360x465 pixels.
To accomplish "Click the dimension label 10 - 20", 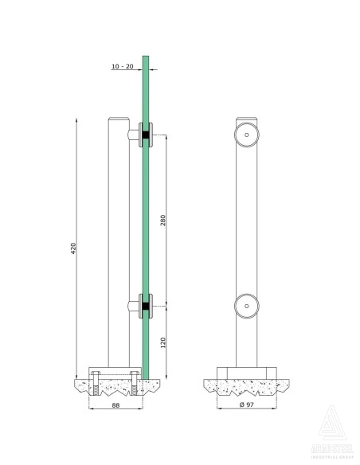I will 123,67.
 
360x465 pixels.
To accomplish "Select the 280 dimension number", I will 164,221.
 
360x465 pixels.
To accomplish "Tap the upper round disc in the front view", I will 248,135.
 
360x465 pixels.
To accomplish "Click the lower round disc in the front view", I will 248,305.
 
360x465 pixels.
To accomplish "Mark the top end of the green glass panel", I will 146,57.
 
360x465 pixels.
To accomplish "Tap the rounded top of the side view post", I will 117,120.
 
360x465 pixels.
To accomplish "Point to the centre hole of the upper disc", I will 248,135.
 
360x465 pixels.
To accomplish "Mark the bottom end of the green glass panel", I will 146,377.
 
